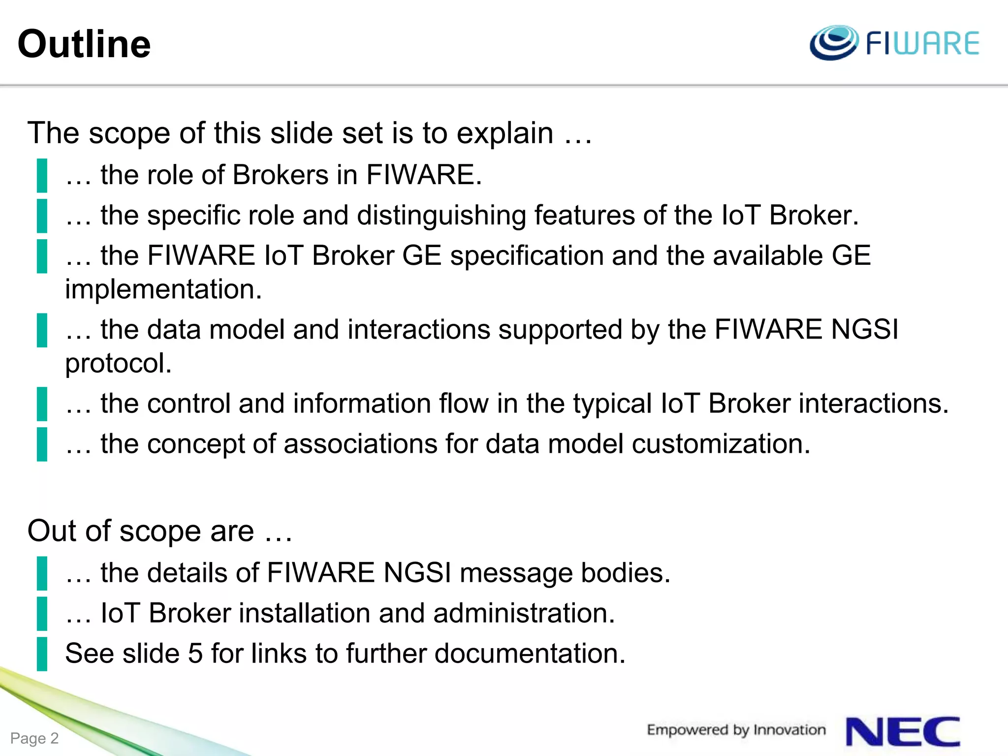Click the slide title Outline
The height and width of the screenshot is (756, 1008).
coord(84,44)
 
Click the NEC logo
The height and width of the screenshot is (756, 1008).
coord(903,732)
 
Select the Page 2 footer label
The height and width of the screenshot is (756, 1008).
coord(34,738)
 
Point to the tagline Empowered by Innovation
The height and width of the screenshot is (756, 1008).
coord(736,730)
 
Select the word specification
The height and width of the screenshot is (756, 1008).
coord(527,256)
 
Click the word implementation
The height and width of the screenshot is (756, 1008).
coord(163,289)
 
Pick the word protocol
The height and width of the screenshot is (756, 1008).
coord(118,363)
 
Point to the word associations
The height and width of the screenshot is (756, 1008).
coord(360,444)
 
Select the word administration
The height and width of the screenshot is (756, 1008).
coord(524,613)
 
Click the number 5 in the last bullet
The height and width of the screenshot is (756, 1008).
coord(195,654)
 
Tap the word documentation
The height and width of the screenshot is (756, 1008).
coord(530,654)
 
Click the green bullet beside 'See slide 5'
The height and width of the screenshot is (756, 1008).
coord(42,654)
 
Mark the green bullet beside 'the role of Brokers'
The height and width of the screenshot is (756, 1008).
coord(42,175)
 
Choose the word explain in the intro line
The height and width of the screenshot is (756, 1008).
coord(505,133)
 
